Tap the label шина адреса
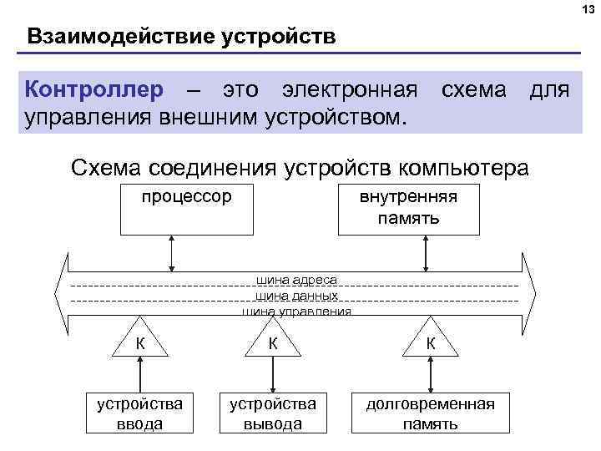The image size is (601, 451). pyautogui.click(x=295, y=281)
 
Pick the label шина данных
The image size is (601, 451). pyautogui.click(x=295, y=296)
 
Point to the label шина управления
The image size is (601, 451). pyautogui.click(x=295, y=312)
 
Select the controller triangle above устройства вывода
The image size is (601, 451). pyautogui.click(x=272, y=338)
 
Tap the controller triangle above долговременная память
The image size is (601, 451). pyautogui.click(x=430, y=338)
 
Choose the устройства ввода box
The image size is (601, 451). pyautogui.click(x=139, y=413)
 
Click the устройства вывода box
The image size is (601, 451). pyautogui.click(x=272, y=413)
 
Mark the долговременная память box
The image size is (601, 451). pyautogui.click(x=430, y=413)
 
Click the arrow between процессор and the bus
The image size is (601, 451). pyautogui.click(x=172, y=253)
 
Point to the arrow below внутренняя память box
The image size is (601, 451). pyautogui.click(x=426, y=253)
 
